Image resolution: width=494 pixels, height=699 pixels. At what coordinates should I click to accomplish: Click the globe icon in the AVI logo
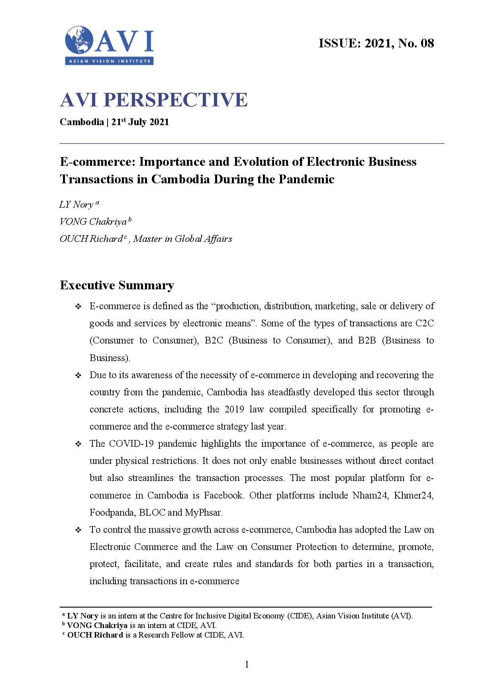click(79, 40)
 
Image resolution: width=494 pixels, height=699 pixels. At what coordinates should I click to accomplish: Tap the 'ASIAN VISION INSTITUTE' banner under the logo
click(109, 61)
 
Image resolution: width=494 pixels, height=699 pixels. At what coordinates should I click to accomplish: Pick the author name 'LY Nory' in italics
click(76, 205)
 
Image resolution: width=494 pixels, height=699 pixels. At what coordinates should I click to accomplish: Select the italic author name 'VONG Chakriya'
click(93, 222)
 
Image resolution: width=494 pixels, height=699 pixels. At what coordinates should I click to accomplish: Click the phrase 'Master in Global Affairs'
click(182, 239)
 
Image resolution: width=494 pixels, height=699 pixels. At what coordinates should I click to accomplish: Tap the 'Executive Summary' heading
click(117, 285)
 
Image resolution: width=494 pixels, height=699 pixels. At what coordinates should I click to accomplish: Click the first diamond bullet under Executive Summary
click(78, 306)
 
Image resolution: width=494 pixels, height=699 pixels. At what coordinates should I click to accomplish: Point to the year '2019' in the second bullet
click(234, 409)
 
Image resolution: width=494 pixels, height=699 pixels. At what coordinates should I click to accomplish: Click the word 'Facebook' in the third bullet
click(223, 495)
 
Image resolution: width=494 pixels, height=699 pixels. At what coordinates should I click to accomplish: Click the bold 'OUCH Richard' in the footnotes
click(95, 635)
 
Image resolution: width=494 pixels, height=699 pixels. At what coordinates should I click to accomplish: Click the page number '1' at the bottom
click(247, 664)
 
